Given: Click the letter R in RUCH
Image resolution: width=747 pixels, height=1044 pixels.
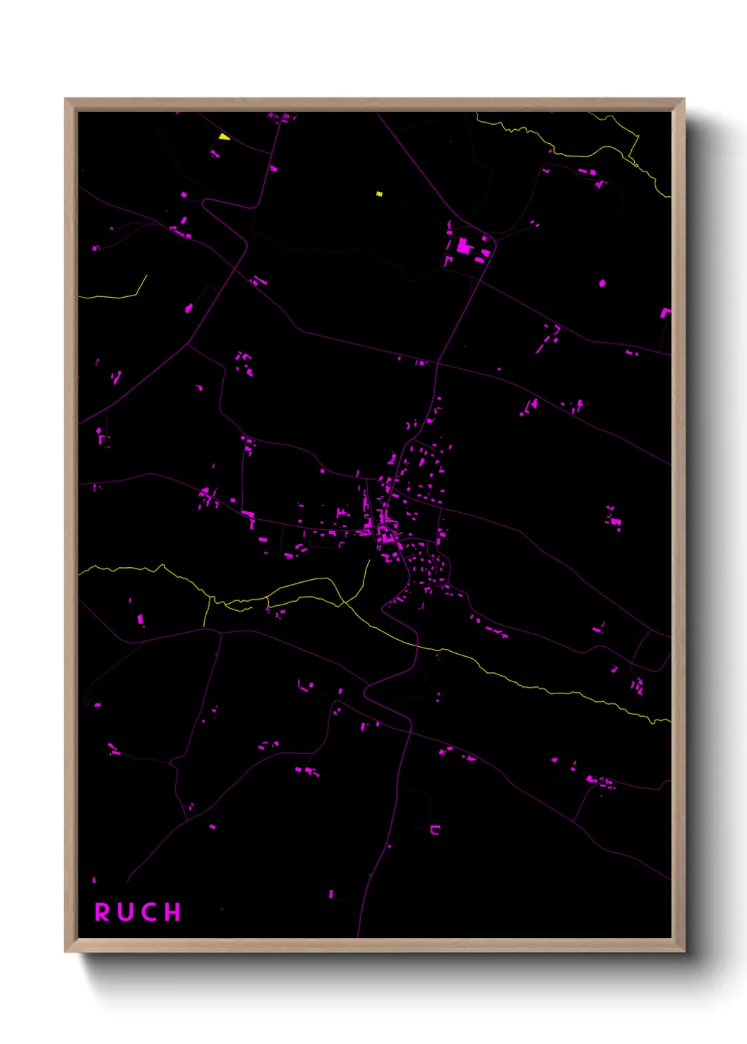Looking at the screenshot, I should [102, 912].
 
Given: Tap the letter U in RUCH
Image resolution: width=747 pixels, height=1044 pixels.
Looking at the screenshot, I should [126, 912].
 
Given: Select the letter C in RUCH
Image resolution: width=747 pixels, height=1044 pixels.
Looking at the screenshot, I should [149, 912].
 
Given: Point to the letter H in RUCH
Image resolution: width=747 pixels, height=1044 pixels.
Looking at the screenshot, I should [173, 912].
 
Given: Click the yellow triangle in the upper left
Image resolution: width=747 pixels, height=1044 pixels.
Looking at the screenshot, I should [224, 137].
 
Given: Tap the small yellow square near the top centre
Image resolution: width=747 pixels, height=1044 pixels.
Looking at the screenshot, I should [379, 194].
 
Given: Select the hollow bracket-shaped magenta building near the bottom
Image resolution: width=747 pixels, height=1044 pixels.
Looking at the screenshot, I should [435, 830].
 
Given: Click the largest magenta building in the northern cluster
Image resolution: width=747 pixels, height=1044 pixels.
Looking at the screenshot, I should [463, 246].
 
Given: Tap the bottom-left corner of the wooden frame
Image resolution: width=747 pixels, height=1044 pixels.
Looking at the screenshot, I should [66, 951].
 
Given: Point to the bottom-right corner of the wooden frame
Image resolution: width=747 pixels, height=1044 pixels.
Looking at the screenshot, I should [683, 951].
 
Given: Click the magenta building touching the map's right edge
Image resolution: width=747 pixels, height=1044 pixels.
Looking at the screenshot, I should [665, 312].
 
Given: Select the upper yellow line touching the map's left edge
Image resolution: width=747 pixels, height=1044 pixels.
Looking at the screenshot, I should [106, 297].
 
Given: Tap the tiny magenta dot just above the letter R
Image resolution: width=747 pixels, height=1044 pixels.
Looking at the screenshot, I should [95, 880].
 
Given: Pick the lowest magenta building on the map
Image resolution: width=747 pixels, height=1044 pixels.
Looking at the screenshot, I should [330, 894].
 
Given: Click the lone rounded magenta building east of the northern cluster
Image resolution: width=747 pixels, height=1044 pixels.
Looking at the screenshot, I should [602, 284].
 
